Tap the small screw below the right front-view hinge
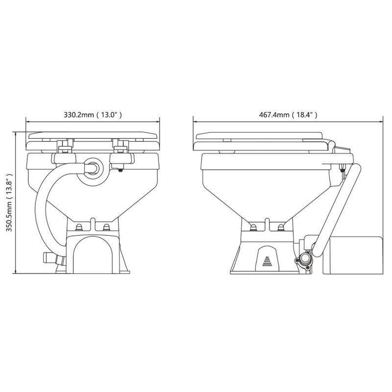click(120, 170)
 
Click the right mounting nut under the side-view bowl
click(280, 226)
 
